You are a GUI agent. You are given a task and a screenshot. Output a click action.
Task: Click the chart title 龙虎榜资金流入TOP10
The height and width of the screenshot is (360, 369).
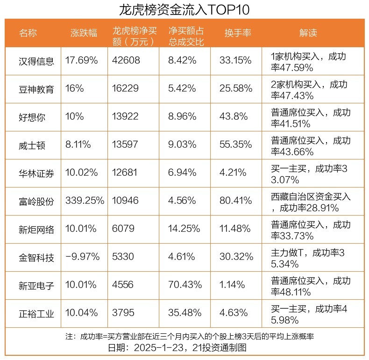point(184,9)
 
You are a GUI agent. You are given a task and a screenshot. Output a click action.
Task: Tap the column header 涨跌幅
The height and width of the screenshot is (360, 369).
point(84,33)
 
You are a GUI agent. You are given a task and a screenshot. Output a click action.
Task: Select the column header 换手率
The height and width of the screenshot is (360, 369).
point(238,33)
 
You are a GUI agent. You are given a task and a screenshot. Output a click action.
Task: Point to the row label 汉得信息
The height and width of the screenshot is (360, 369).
point(36,61)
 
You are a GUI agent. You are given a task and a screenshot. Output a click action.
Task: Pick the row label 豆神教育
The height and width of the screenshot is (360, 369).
point(36,89)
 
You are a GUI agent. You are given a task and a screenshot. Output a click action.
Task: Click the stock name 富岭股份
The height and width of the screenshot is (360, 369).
point(36,201)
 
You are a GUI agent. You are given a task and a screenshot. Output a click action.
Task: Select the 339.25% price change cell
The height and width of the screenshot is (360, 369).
point(85,201)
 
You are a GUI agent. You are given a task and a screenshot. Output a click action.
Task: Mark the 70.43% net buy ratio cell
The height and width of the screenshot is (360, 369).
point(185,285)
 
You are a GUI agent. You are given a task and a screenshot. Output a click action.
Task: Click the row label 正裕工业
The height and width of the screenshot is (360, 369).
point(36,313)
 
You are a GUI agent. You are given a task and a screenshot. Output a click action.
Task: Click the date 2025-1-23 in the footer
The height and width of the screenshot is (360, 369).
point(157,348)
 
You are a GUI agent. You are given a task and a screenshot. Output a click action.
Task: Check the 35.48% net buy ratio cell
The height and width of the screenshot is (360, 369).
point(185,313)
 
